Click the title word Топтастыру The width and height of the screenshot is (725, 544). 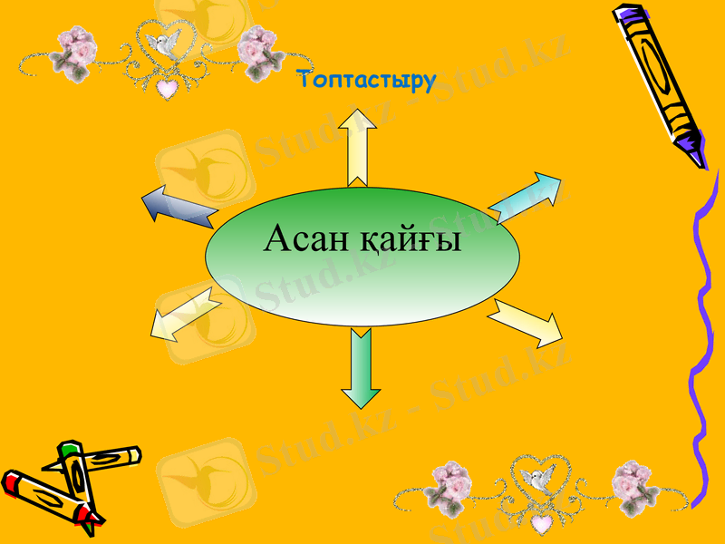click(x=367, y=81)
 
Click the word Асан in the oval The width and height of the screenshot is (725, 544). click(x=306, y=240)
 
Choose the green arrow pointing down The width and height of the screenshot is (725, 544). click(x=361, y=367)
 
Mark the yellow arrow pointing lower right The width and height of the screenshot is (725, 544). click(x=527, y=321)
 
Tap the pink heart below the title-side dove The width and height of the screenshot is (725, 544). click(x=166, y=88)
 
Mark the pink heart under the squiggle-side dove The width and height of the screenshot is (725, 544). click(x=541, y=523)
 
